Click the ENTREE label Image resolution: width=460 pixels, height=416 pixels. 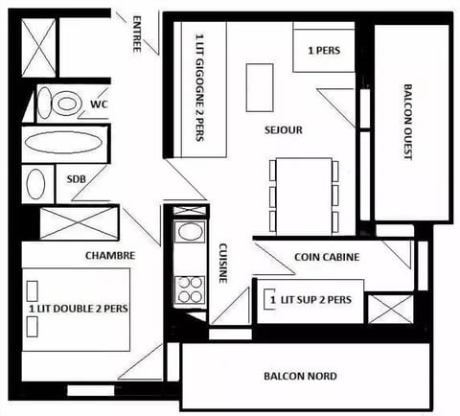coord(139,34)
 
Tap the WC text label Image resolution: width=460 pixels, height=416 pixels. coord(99,104)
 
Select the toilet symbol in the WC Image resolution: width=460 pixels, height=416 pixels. coord(64,103)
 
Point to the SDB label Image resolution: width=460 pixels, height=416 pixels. coord(77,179)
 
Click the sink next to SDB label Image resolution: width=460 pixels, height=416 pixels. coord(35,182)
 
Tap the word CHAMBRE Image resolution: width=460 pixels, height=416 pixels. coord(110,255)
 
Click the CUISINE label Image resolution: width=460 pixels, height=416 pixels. coord(223,262)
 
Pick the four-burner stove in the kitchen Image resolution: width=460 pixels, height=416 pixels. coord(189,289)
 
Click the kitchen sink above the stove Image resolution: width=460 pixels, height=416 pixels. coord(189,234)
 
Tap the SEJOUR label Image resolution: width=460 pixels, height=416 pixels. coord(285,127)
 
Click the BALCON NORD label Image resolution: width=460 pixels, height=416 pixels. coord(299,376)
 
